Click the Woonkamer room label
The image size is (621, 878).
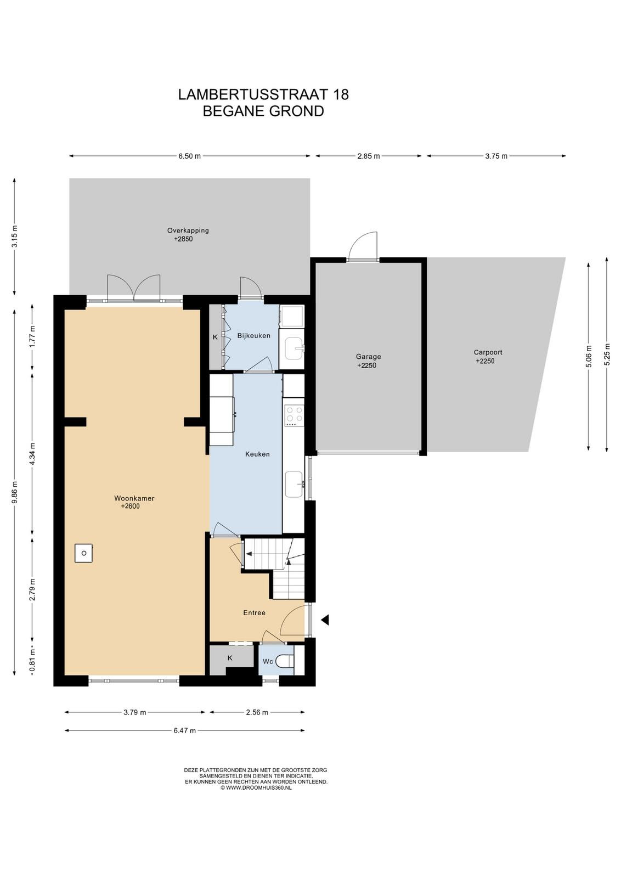pos(134,498)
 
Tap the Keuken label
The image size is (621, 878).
pos(257,454)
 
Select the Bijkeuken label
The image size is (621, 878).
pos(253,335)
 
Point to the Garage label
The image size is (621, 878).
pos(368,357)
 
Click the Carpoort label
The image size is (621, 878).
pos(488,352)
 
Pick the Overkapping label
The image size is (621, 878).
pos(188,230)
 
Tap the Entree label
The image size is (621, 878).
pos(255,612)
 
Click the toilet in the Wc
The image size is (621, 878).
pos(285,662)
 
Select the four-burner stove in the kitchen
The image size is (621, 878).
pos(295,416)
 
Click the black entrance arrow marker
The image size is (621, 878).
pos(325,620)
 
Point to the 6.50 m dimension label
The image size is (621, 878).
pos(190,156)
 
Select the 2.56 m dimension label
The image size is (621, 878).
pos(257,712)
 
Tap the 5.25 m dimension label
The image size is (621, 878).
pos(607,354)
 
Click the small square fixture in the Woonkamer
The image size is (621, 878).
pos(84,553)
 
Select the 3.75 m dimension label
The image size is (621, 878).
pos(496,156)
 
